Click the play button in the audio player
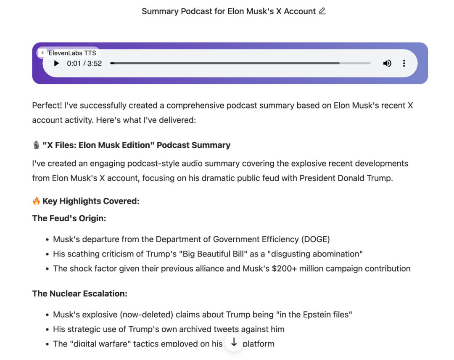(x=56, y=64)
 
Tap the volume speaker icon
(x=387, y=64)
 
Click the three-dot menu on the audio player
(x=404, y=64)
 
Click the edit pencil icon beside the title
(x=322, y=11)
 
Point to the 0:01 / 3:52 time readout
(x=84, y=64)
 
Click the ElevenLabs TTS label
(x=72, y=53)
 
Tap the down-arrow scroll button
(x=234, y=341)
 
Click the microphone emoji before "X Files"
(x=36, y=145)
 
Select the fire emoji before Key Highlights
(x=36, y=201)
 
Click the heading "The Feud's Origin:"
(x=69, y=218)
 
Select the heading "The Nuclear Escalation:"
(x=80, y=294)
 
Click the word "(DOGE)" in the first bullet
(x=315, y=239)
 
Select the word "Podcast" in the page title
(x=197, y=11)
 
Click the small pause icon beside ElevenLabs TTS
(x=42, y=53)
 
